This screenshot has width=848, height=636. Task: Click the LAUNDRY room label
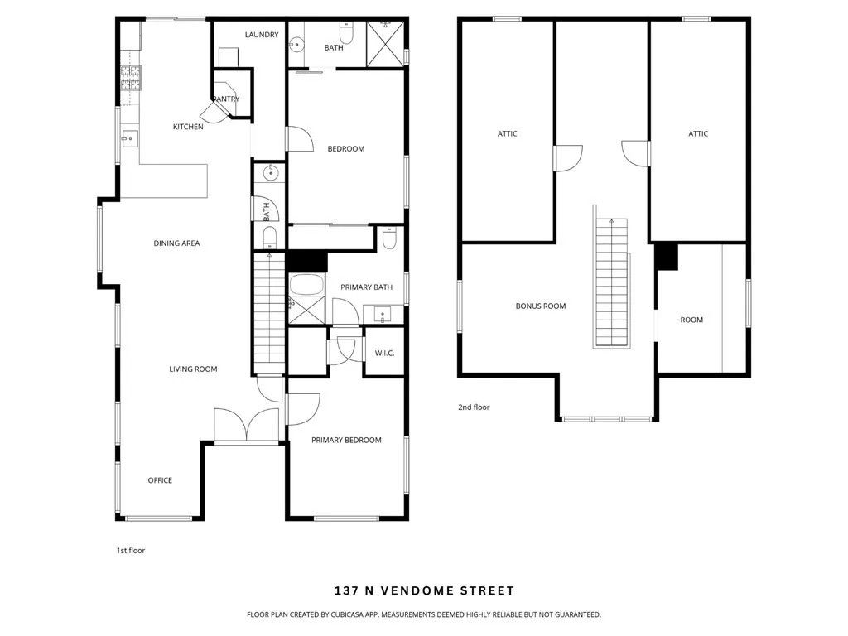coord(262,35)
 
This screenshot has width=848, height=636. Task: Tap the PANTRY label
coord(226,99)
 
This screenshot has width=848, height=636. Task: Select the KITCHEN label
coord(188,127)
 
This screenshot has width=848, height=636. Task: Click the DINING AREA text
coord(176,243)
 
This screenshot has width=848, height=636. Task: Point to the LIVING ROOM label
coord(193,369)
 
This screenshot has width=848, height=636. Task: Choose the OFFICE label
coord(160,480)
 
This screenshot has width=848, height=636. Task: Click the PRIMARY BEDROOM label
coord(346,440)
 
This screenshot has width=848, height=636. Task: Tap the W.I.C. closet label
coord(384,354)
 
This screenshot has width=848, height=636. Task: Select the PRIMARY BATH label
coord(366,287)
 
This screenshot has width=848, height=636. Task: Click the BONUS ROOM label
coord(541,306)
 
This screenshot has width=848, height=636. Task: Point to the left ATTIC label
coord(508,133)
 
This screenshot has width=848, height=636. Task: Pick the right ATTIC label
coord(698,133)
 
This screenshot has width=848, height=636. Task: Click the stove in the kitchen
coord(130,77)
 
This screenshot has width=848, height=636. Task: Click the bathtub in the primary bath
coord(305,285)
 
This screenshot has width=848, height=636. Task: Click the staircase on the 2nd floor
coord(611,282)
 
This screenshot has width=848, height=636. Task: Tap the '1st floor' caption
coord(131,550)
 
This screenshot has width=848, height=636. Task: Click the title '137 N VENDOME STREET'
coord(424,590)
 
